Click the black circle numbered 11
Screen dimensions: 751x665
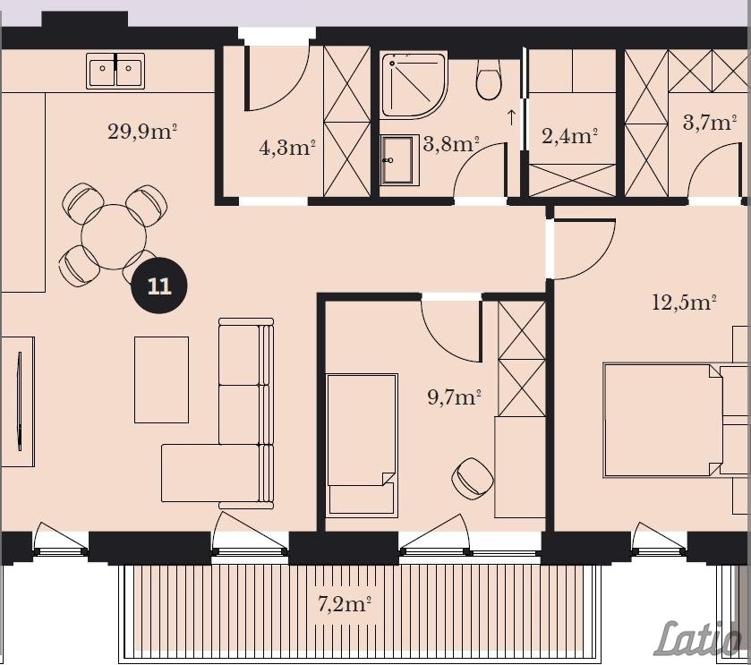[x=159, y=286]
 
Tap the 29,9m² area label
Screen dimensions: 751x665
[x=142, y=132]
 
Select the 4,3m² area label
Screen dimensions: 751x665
[x=287, y=147]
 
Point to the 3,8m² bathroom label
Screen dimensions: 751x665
[x=451, y=143]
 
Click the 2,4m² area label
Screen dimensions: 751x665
[x=569, y=136]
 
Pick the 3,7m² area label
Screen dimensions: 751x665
[x=710, y=122]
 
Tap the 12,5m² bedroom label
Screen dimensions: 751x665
[x=685, y=303]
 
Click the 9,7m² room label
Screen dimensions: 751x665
[x=454, y=396]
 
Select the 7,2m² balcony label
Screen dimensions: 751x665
[x=345, y=604]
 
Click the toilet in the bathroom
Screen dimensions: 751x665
[x=489, y=79]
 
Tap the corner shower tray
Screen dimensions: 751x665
[x=414, y=85]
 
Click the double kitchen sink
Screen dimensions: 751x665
[x=115, y=71]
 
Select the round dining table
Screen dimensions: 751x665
[x=114, y=236]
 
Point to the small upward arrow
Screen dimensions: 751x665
[x=511, y=117]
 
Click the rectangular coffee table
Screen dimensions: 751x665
[x=161, y=379]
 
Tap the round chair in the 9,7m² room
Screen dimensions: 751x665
[x=473, y=478]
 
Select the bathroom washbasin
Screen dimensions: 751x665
[x=399, y=160]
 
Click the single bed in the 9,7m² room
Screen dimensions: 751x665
[x=363, y=446]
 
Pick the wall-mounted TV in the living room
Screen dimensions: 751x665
[x=20, y=401]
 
